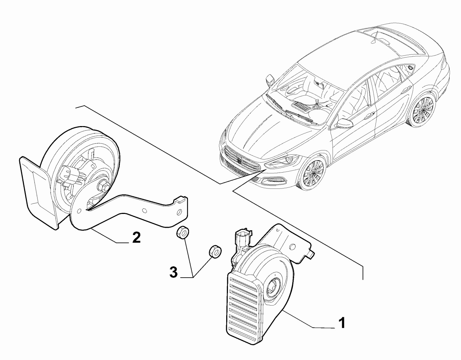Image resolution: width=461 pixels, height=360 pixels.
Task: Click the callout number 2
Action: point(136,237)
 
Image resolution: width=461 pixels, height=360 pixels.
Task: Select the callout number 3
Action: point(174,273)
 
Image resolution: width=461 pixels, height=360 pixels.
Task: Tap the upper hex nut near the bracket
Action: point(181,233)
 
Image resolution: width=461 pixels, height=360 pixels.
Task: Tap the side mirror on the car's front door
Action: point(345,123)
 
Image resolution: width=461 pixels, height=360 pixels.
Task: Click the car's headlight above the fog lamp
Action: point(286,160)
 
